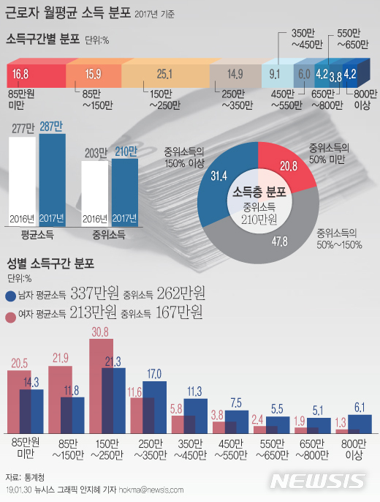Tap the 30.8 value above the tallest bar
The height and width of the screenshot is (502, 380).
(x=100, y=331)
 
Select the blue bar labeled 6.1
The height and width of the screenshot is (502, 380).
(x=360, y=424)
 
